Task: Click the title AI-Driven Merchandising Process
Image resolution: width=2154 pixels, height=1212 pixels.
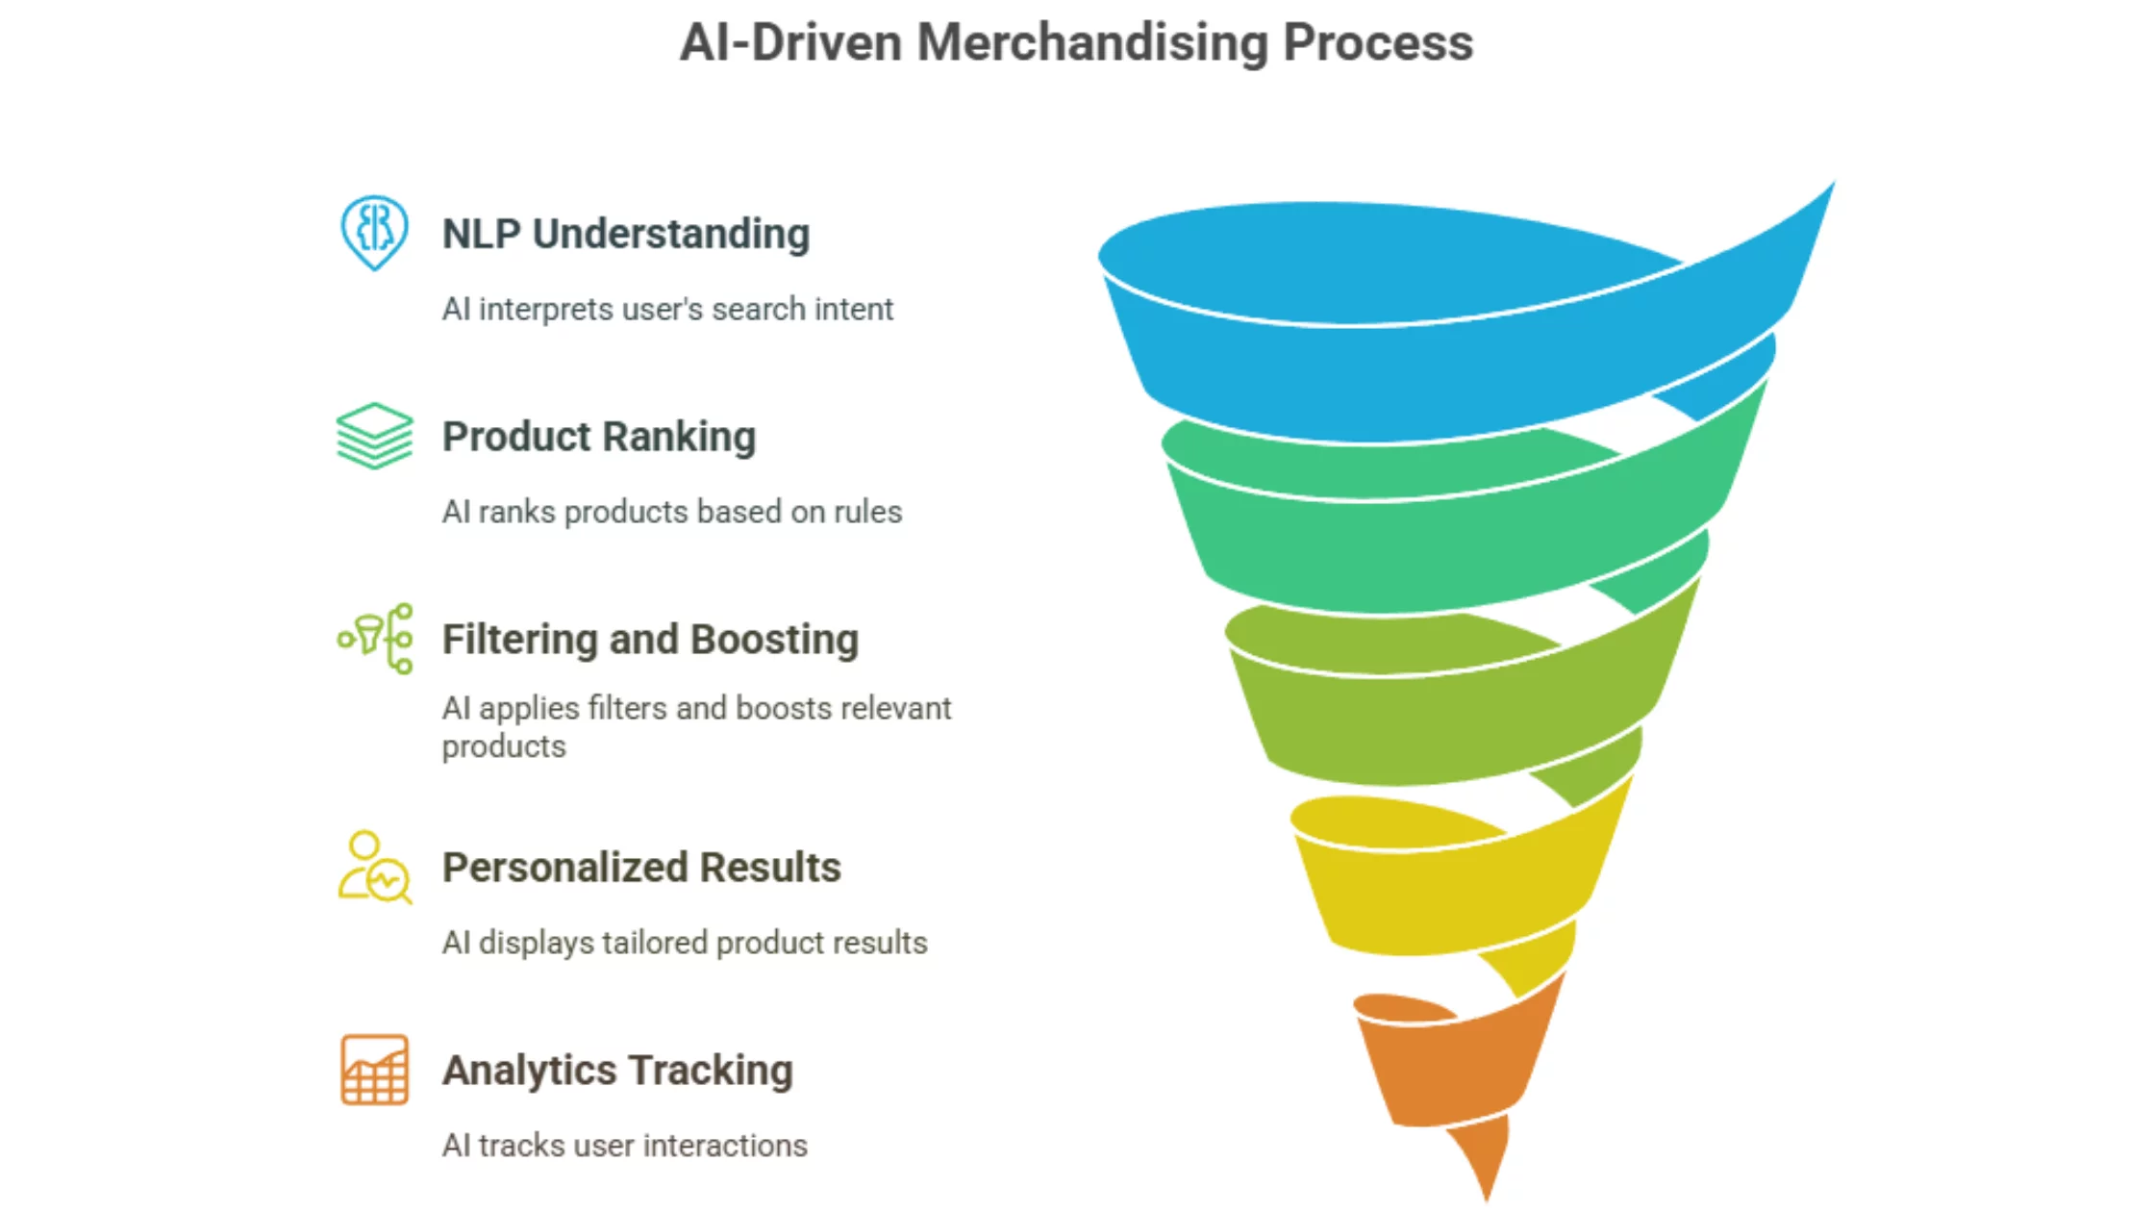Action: pyautogui.click(x=1076, y=43)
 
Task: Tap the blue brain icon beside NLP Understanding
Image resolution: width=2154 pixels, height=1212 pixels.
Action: pyautogui.click(x=374, y=233)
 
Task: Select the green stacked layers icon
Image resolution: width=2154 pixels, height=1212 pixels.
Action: pyautogui.click(x=374, y=436)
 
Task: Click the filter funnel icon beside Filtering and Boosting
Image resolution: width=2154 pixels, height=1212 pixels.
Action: pyautogui.click(x=375, y=639)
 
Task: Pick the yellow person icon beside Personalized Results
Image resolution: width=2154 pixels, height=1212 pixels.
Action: pyautogui.click(x=375, y=868)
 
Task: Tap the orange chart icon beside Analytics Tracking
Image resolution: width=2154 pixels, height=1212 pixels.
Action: pyautogui.click(x=374, y=1070)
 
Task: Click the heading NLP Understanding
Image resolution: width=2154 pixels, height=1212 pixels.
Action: pyautogui.click(x=626, y=234)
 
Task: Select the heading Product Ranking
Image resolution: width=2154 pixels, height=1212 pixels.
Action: pyautogui.click(x=599, y=437)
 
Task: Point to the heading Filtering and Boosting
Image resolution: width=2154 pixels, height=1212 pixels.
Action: pyautogui.click(x=650, y=640)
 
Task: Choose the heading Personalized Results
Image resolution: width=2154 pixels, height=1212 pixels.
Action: pyautogui.click(x=641, y=868)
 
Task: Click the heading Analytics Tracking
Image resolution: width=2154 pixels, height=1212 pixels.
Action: pyautogui.click(x=617, y=1071)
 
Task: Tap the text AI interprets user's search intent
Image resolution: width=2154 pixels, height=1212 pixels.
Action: pyautogui.click(x=667, y=309)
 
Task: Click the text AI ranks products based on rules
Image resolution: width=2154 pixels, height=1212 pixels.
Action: pyautogui.click(x=672, y=512)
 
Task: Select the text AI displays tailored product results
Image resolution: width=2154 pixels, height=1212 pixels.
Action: pyautogui.click(x=685, y=943)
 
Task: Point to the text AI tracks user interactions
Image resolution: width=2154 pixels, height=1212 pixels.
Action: pyautogui.click(x=625, y=1146)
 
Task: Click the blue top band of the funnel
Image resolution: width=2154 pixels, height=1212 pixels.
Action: pyautogui.click(x=1442, y=375)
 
